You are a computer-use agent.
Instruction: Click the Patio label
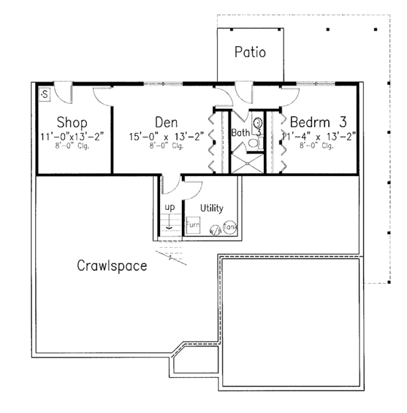(250, 52)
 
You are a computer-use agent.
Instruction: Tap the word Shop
(72, 123)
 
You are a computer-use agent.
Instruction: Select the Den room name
(166, 122)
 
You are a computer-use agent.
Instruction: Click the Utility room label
(211, 208)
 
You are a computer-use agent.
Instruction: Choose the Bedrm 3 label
(318, 122)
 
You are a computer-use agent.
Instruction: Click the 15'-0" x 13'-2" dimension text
(167, 136)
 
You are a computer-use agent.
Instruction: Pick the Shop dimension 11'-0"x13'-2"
(73, 136)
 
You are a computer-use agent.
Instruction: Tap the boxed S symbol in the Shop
(44, 93)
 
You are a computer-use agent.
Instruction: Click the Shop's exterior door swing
(62, 90)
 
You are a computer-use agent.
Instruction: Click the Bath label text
(240, 132)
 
